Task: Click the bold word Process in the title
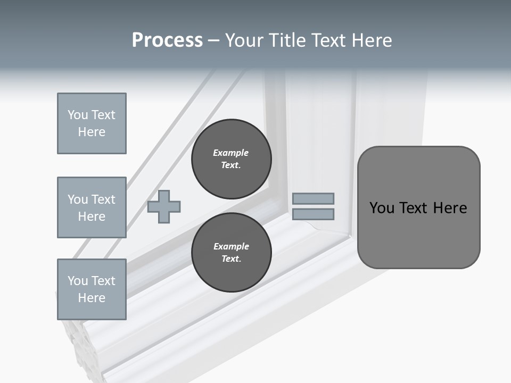pyautogui.click(x=167, y=40)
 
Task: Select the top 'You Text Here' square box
pyautogui.click(x=92, y=123)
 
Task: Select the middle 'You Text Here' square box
pyautogui.click(x=92, y=207)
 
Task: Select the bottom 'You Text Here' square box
pyautogui.click(x=92, y=289)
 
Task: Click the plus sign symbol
pyautogui.click(x=164, y=206)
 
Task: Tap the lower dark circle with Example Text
pyautogui.click(x=231, y=253)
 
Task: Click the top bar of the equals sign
pyautogui.click(x=313, y=198)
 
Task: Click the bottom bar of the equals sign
pyautogui.click(x=313, y=214)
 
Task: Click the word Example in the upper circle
pyautogui.click(x=231, y=153)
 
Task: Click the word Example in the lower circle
pyautogui.click(x=231, y=246)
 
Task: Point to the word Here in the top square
pyautogui.click(x=92, y=132)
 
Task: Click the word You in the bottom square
pyautogui.click(x=78, y=281)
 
